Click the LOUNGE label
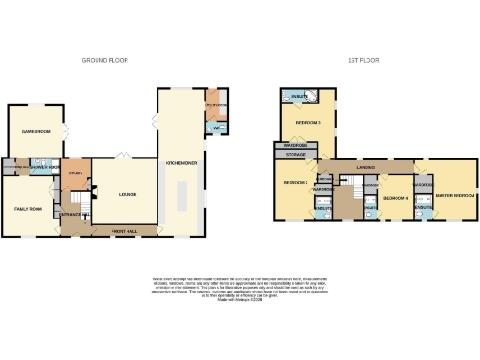coord(128,194)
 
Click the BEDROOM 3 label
coord(308,123)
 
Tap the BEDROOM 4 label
coord(394,198)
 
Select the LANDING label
coord(367,168)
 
